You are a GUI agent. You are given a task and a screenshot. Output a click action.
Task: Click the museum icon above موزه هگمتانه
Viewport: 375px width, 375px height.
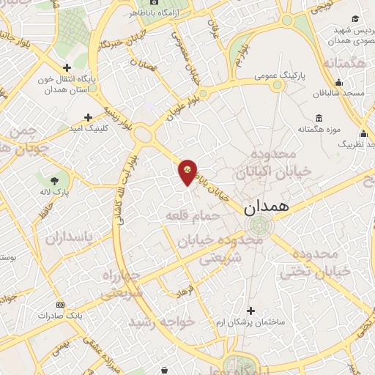click(319, 119)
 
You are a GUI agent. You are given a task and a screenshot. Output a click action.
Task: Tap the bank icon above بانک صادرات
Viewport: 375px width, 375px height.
click(60, 304)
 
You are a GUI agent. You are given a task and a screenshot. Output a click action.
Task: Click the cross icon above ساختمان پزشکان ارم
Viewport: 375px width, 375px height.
click(251, 311)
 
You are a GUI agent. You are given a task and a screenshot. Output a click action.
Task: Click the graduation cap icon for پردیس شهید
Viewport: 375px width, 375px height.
click(355, 18)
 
